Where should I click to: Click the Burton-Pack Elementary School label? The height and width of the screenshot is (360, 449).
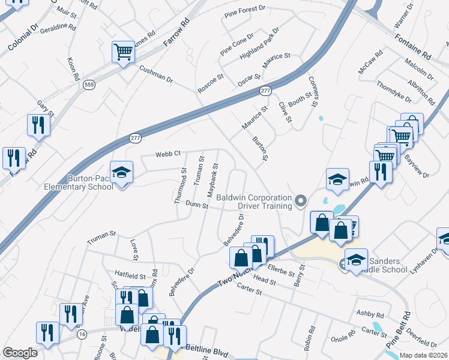pyautogui.click(x=78, y=182)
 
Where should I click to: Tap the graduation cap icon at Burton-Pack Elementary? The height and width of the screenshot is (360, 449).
pyautogui.click(x=121, y=173)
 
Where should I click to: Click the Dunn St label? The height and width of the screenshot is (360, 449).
pyautogui.click(x=196, y=205)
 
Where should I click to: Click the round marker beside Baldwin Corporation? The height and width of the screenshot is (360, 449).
pyautogui.click(x=301, y=200)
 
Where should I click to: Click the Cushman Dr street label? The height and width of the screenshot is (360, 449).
pyautogui.click(x=156, y=74)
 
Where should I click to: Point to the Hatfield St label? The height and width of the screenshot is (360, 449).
pyautogui.click(x=130, y=276)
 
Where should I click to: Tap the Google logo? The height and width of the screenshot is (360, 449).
pyautogui.click(x=20, y=353)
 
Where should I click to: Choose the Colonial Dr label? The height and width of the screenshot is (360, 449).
pyautogui.click(x=23, y=37)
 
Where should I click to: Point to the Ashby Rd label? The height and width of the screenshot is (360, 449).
pyautogui.click(x=370, y=314)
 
